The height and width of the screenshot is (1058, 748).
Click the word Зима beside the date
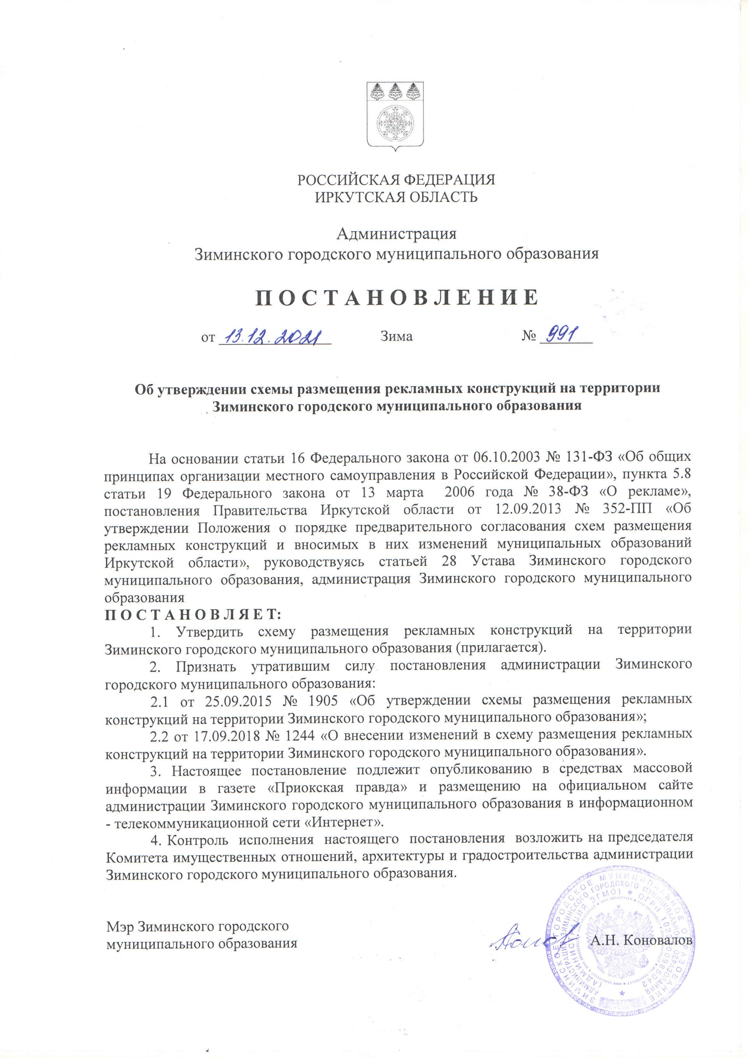(396, 337)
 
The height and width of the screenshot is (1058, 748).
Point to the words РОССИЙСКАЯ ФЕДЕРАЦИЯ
(396, 180)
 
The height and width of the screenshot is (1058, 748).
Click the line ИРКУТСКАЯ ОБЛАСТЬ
(396, 198)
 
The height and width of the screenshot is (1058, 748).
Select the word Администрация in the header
(396, 234)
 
